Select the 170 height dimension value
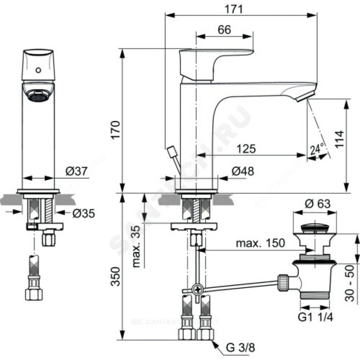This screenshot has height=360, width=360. [x=116, y=130]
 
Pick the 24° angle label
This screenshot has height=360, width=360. [x=317, y=148]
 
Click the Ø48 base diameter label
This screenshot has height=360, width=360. [x=243, y=171]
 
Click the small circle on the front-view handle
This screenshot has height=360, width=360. [x=38, y=70]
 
